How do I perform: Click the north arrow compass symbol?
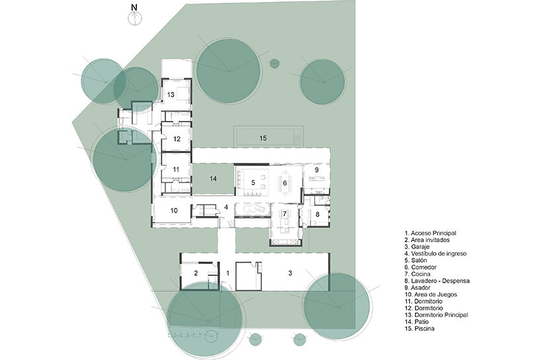click(134, 16)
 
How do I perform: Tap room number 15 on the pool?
click(263, 138)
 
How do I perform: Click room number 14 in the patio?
click(213, 179)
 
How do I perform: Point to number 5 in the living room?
click(252, 182)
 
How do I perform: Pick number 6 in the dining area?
click(284, 182)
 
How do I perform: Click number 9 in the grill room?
click(316, 170)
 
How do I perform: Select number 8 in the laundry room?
click(317, 214)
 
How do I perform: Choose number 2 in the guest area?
click(196, 273)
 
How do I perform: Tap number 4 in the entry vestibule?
click(226, 207)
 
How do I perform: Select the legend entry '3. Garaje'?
click(419, 247)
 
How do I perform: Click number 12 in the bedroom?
click(177, 139)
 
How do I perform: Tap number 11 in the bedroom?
click(176, 170)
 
